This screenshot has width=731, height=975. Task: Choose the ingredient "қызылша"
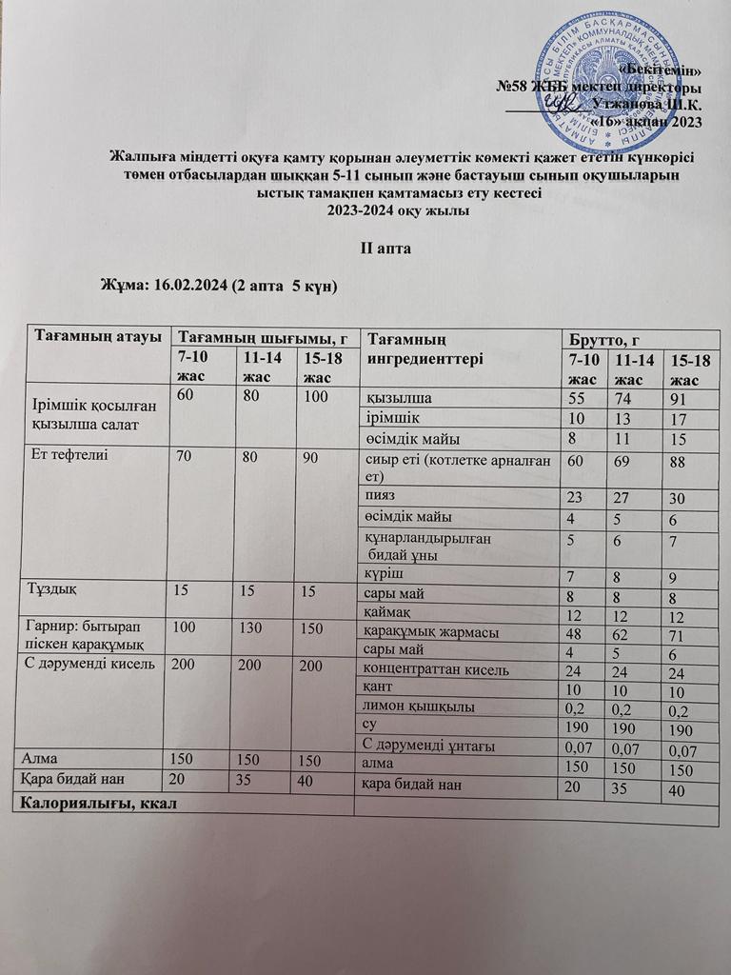pyautogui.click(x=393, y=398)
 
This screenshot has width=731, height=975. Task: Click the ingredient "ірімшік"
pyautogui.click(x=392, y=417)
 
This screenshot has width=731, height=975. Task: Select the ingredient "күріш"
pyautogui.click(x=385, y=575)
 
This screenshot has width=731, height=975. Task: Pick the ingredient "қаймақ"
pyautogui.click(x=388, y=611)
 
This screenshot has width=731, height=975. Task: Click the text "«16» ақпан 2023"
pyautogui.click(x=646, y=122)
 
